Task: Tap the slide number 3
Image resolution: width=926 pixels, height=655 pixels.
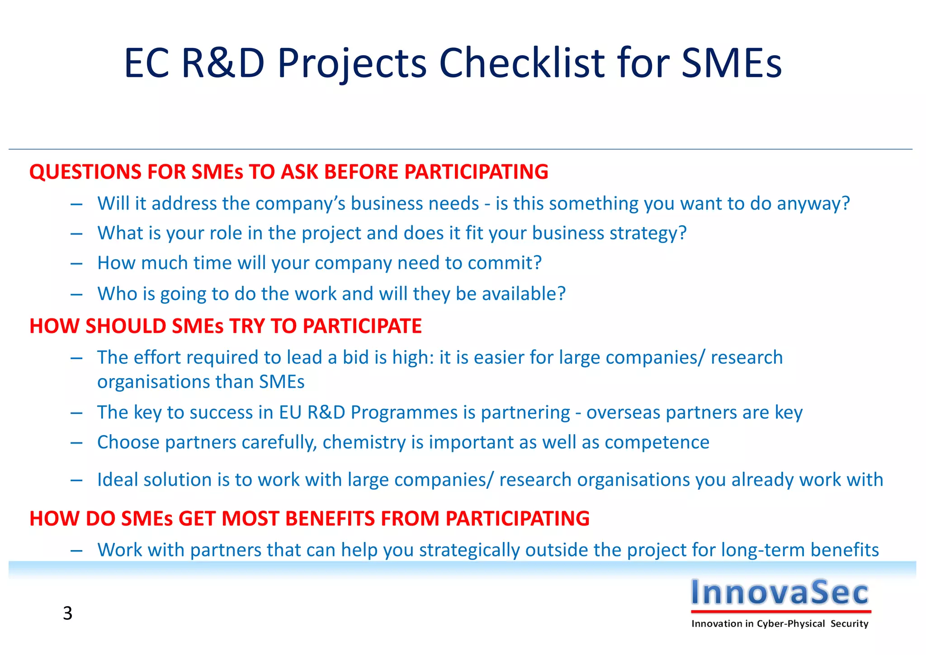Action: tap(67, 613)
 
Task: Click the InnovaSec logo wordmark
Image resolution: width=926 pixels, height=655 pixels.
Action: tap(780, 592)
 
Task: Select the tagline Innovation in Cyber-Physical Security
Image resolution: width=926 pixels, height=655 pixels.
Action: tap(780, 624)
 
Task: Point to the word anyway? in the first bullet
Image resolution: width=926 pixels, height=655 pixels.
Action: tap(813, 204)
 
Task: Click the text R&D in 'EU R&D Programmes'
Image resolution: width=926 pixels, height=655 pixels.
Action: tap(326, 413)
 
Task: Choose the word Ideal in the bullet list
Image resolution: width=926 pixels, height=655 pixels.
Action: tap(117, 479)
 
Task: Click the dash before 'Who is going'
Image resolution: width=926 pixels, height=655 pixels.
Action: tap(76, 294)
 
